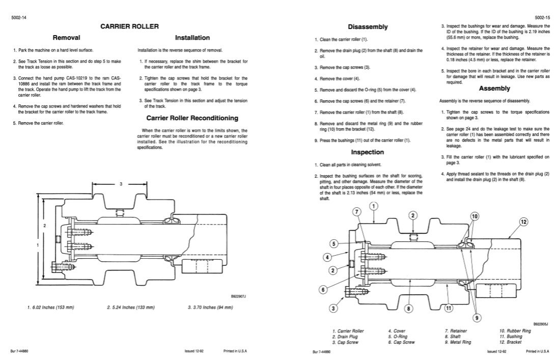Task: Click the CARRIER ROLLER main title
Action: coord(129,26)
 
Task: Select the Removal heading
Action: coord(67,37)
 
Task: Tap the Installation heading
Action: coord(192,37)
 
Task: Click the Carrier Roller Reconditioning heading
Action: coord(192,118)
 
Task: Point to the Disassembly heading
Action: coord(368,27)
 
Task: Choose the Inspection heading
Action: coord(367,152)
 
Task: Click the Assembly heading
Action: coord(494,88)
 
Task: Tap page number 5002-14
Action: coord(18,17)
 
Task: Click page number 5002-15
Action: coord(542,17)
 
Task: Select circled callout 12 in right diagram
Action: coord(523,222)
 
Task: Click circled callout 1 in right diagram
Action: coord(373,206)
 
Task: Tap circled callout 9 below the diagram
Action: coord(477,318)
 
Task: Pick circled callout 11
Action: coord(449,308)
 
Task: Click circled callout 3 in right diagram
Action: coord(333,308)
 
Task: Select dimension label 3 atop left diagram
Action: coord(121,184)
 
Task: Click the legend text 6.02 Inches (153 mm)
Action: coord(50,308)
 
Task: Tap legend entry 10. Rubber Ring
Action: coord(515,331)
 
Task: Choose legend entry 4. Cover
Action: coord(397,331)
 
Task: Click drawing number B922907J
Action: coord(239,296)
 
